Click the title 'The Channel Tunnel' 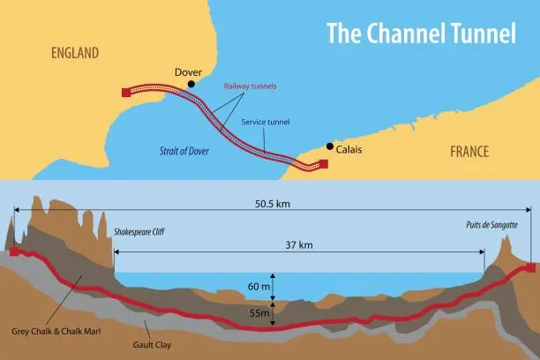[421, 34]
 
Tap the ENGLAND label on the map [74, 54]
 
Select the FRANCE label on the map [469, 151]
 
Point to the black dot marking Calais [330, 146]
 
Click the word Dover [189, 71]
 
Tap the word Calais [349, 150]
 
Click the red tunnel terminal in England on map [125, 91]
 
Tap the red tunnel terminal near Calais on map [324, 164]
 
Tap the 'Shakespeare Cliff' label [139, 232]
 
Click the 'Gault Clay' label [152, 346]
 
